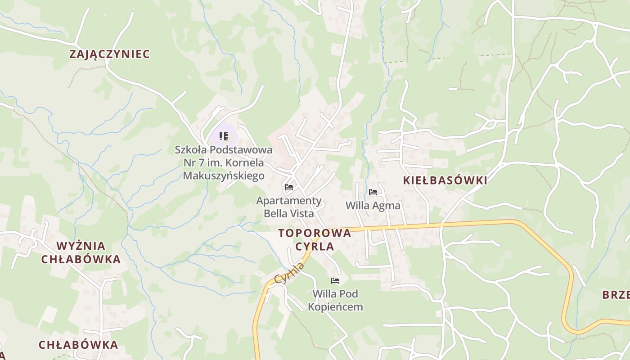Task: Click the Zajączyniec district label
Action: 109,54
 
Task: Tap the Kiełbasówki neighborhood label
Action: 445,180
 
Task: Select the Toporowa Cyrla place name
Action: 315,239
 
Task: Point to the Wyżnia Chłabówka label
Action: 81,252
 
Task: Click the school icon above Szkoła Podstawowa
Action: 224,136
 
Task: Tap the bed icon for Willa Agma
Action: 373,192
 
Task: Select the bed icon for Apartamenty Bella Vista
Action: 289,187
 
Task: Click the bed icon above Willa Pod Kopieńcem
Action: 335,281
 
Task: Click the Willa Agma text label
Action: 373,206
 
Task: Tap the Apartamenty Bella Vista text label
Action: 289,207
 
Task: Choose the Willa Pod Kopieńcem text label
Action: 335,301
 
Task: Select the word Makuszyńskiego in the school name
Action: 224,175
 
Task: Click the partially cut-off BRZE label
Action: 616,295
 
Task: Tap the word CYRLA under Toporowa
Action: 315,247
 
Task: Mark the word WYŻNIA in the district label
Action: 81,246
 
